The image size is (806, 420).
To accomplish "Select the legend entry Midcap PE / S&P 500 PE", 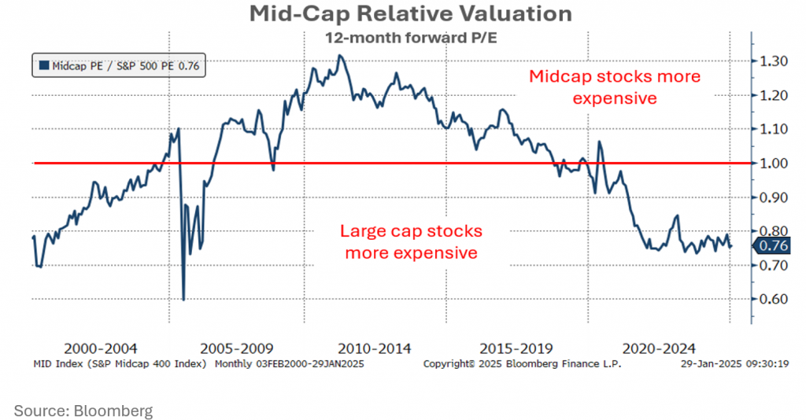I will tap(119, 67).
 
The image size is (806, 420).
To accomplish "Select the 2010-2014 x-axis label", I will tap(373, 348).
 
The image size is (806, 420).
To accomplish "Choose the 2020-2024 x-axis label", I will tap(658, 348).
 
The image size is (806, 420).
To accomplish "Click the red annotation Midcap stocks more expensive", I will tap(614, 87).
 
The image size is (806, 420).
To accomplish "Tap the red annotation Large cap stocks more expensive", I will tap(410, 242).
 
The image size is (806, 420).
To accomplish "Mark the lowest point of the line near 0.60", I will tap(183, 299).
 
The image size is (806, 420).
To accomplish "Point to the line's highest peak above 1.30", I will tap(339, 56).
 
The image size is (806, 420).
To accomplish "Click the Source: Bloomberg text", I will tap(83, 410).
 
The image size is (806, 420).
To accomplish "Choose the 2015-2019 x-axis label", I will tap(516, 348).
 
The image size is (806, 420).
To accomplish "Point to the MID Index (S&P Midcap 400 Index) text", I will tap(120, 364).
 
